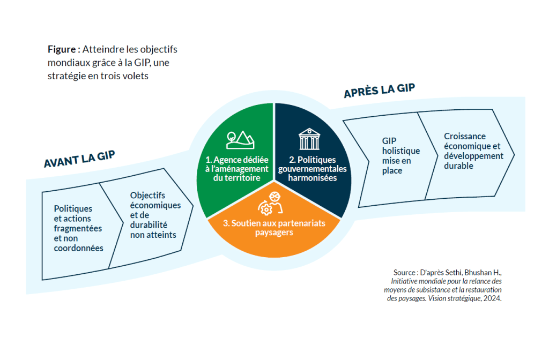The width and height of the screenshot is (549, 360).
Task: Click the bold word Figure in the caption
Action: (x=62, y=49)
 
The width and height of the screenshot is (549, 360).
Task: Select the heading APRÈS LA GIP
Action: (x=379, y=91)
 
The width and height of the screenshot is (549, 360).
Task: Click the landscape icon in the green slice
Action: (x=240, y=140)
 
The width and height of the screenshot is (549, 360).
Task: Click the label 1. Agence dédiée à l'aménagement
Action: (x=237, y=168)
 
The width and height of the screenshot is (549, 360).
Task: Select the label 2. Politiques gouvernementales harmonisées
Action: (x=312, y=168)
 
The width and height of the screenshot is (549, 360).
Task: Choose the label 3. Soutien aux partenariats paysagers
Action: (x=273, y=228)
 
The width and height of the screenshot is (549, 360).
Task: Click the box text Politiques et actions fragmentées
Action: (x=78, y=228)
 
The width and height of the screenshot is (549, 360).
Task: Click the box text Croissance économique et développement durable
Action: (x=473, y=151)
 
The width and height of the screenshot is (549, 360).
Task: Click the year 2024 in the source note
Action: (x=492, y=299)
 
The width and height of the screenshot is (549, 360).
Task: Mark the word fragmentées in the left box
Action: (x=78, y=228)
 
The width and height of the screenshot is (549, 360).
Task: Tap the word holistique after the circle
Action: (x=401, y=151)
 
